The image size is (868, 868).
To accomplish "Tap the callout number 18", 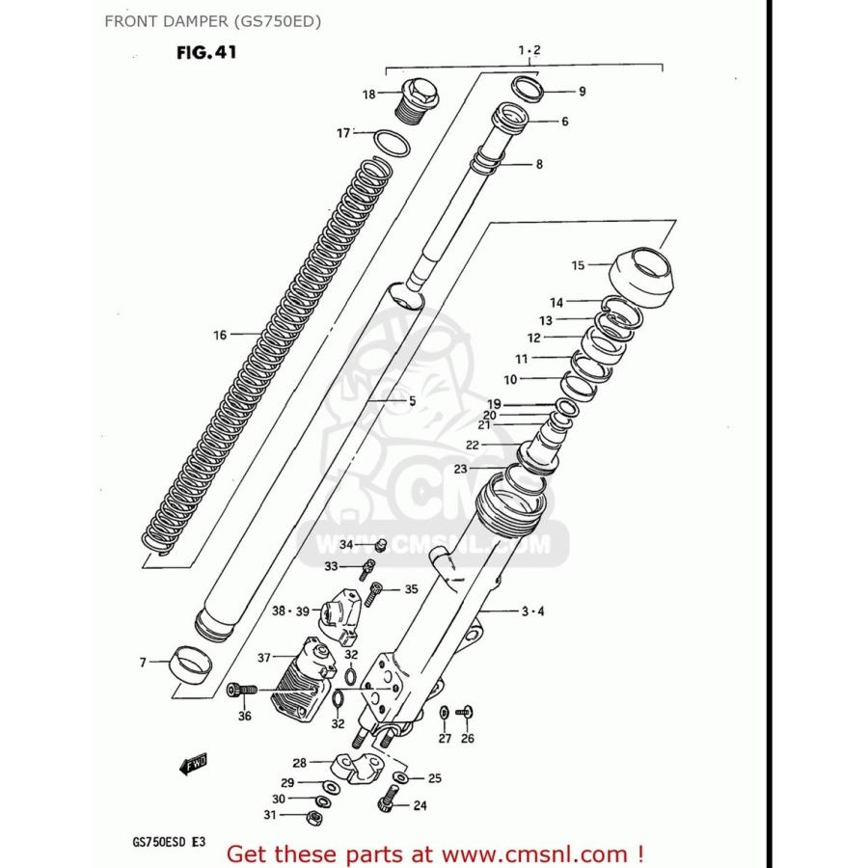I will click(x=368, y=95).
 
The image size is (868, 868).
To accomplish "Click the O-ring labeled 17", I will click(x=390, y=143).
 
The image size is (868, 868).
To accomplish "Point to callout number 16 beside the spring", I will click(x=220, y=336).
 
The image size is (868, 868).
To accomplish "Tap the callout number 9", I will click(x=582, y=93).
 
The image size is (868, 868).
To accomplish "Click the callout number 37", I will click(x=263, y=657).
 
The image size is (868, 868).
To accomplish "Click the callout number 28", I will click(x=300, y=762).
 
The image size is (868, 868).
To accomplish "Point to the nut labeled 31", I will click(x=312, y=818).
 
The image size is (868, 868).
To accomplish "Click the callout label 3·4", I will click(x=533, y=611).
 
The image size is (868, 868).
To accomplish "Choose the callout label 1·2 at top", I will click(x=529, y=49).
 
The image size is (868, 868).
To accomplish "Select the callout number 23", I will click(x=460, y=469).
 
